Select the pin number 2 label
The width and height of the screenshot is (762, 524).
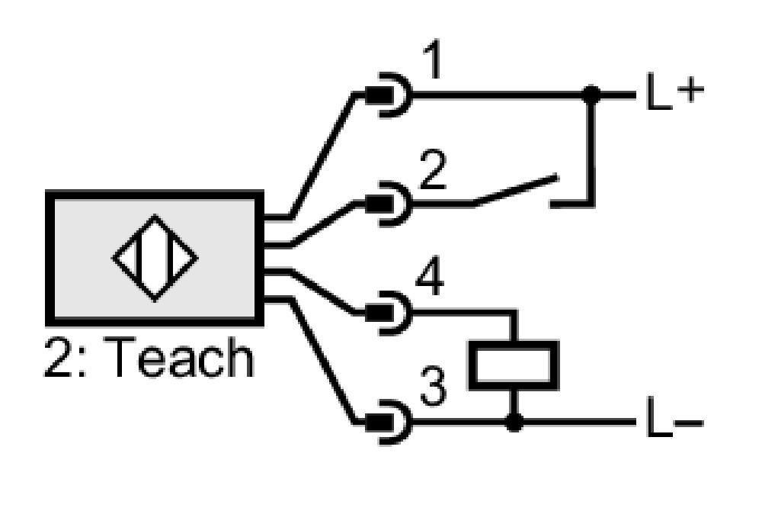432,169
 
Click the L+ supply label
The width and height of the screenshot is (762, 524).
675,91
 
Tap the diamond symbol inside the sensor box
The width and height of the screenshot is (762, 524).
155,258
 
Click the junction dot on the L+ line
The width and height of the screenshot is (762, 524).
591,95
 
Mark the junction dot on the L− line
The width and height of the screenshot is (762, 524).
514,423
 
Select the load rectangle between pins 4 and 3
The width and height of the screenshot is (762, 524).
513,365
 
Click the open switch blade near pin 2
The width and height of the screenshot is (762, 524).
515,190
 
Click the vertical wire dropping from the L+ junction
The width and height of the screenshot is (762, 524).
591,151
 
